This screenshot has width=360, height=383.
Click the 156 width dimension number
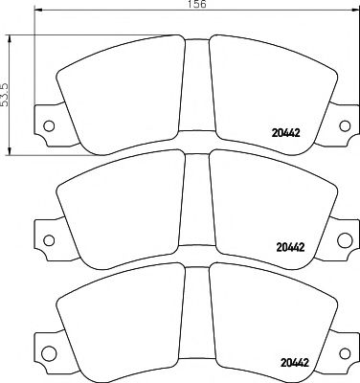[194, 5]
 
